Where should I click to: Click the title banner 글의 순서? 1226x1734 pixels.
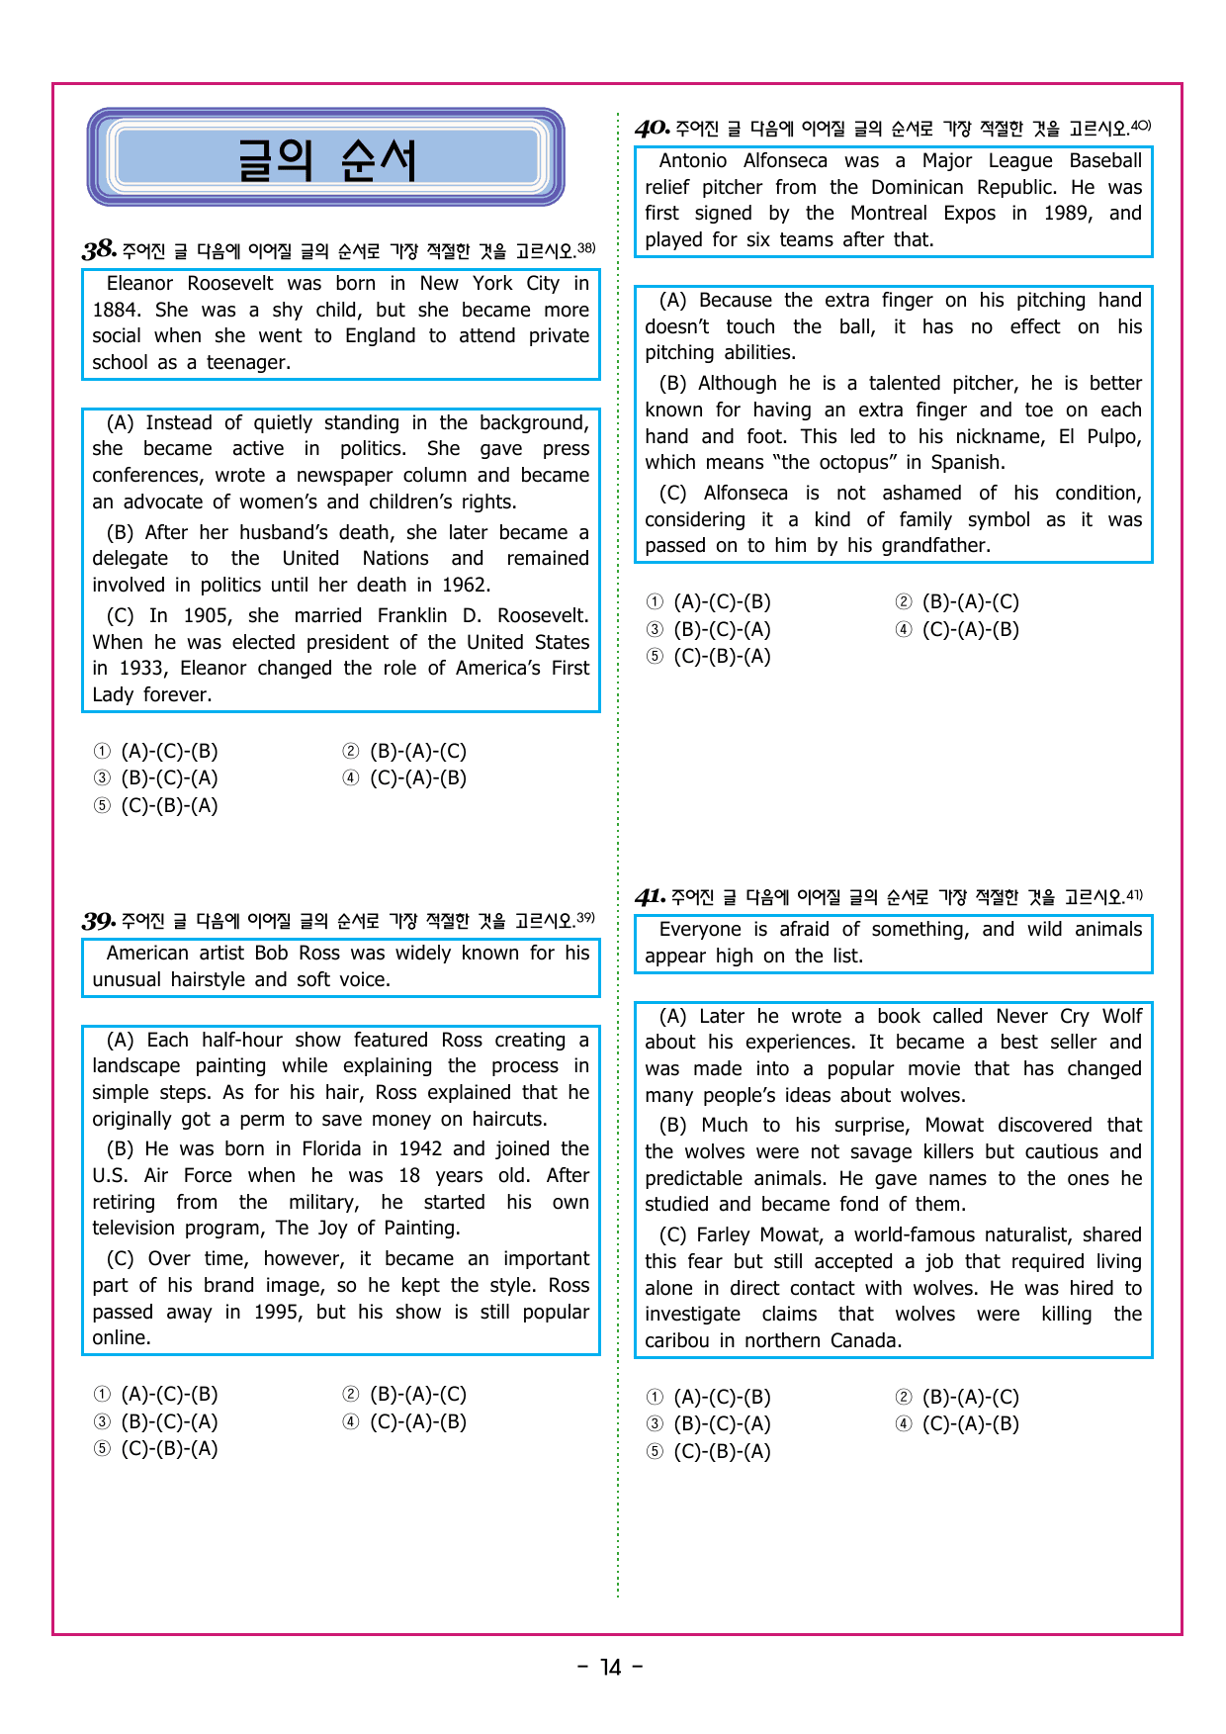click(x=326, y=158)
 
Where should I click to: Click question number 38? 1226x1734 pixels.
click(x=99, y=249)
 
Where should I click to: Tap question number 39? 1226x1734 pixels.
click(x=99, y=921)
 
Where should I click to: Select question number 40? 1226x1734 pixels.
click(x=653, y=129)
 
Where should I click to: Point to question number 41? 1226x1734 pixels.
click(x=650, y=897)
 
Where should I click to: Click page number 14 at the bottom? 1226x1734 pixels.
click(x=611, y=1668)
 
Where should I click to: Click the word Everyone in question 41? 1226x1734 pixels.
click(x=700, y=929)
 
